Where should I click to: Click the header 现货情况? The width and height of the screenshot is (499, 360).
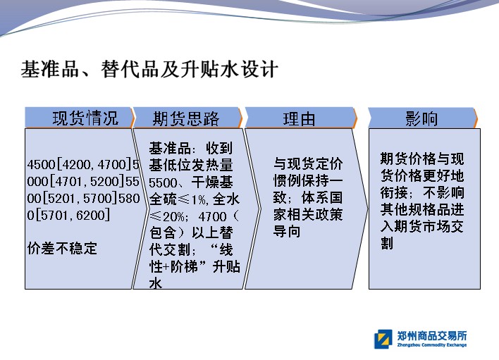pyautogui.click(x=85, y=118)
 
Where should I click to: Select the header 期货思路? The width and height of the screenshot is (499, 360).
pyautogui.click(x=186, y=118)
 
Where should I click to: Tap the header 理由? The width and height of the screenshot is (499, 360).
pyautogui.click(x=299, y=119)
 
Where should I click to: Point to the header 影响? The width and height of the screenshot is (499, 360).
pyautogui.click(x=421, y=118)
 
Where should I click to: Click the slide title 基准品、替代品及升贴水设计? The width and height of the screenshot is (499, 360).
pyautogui.click(x=149, y=69)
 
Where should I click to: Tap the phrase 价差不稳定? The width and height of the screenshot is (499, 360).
pyautogui.click(x=62, y=248)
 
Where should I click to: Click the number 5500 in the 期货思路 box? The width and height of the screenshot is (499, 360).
pyautogui.click(x=163, y=182)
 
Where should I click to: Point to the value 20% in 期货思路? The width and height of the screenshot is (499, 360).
pyautogui.click(x=173, y=216)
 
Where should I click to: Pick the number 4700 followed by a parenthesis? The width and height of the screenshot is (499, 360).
pyautogui.click(x=212, y=216)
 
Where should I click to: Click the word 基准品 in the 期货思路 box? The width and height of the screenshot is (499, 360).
pyautogui.click(x=170, y=148)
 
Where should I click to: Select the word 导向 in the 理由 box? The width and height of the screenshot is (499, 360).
pyautogui.click(x=287, y=231)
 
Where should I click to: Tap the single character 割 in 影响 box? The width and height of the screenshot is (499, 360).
pyautogui.click(x=387, y=243)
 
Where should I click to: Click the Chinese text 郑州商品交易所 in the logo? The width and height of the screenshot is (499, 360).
pyautogui.click(x=432, y=335)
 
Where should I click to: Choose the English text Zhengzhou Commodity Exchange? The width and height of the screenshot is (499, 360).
pyautogui.click(x=432, y=345)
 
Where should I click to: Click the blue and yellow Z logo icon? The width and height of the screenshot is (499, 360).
pyautogui.click(x=383, y=339)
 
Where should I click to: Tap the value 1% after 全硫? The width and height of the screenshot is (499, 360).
pyautogui.click(x=199, y=199)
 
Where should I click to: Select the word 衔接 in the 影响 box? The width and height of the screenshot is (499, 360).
pyautogui.click(x=394, y=192)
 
